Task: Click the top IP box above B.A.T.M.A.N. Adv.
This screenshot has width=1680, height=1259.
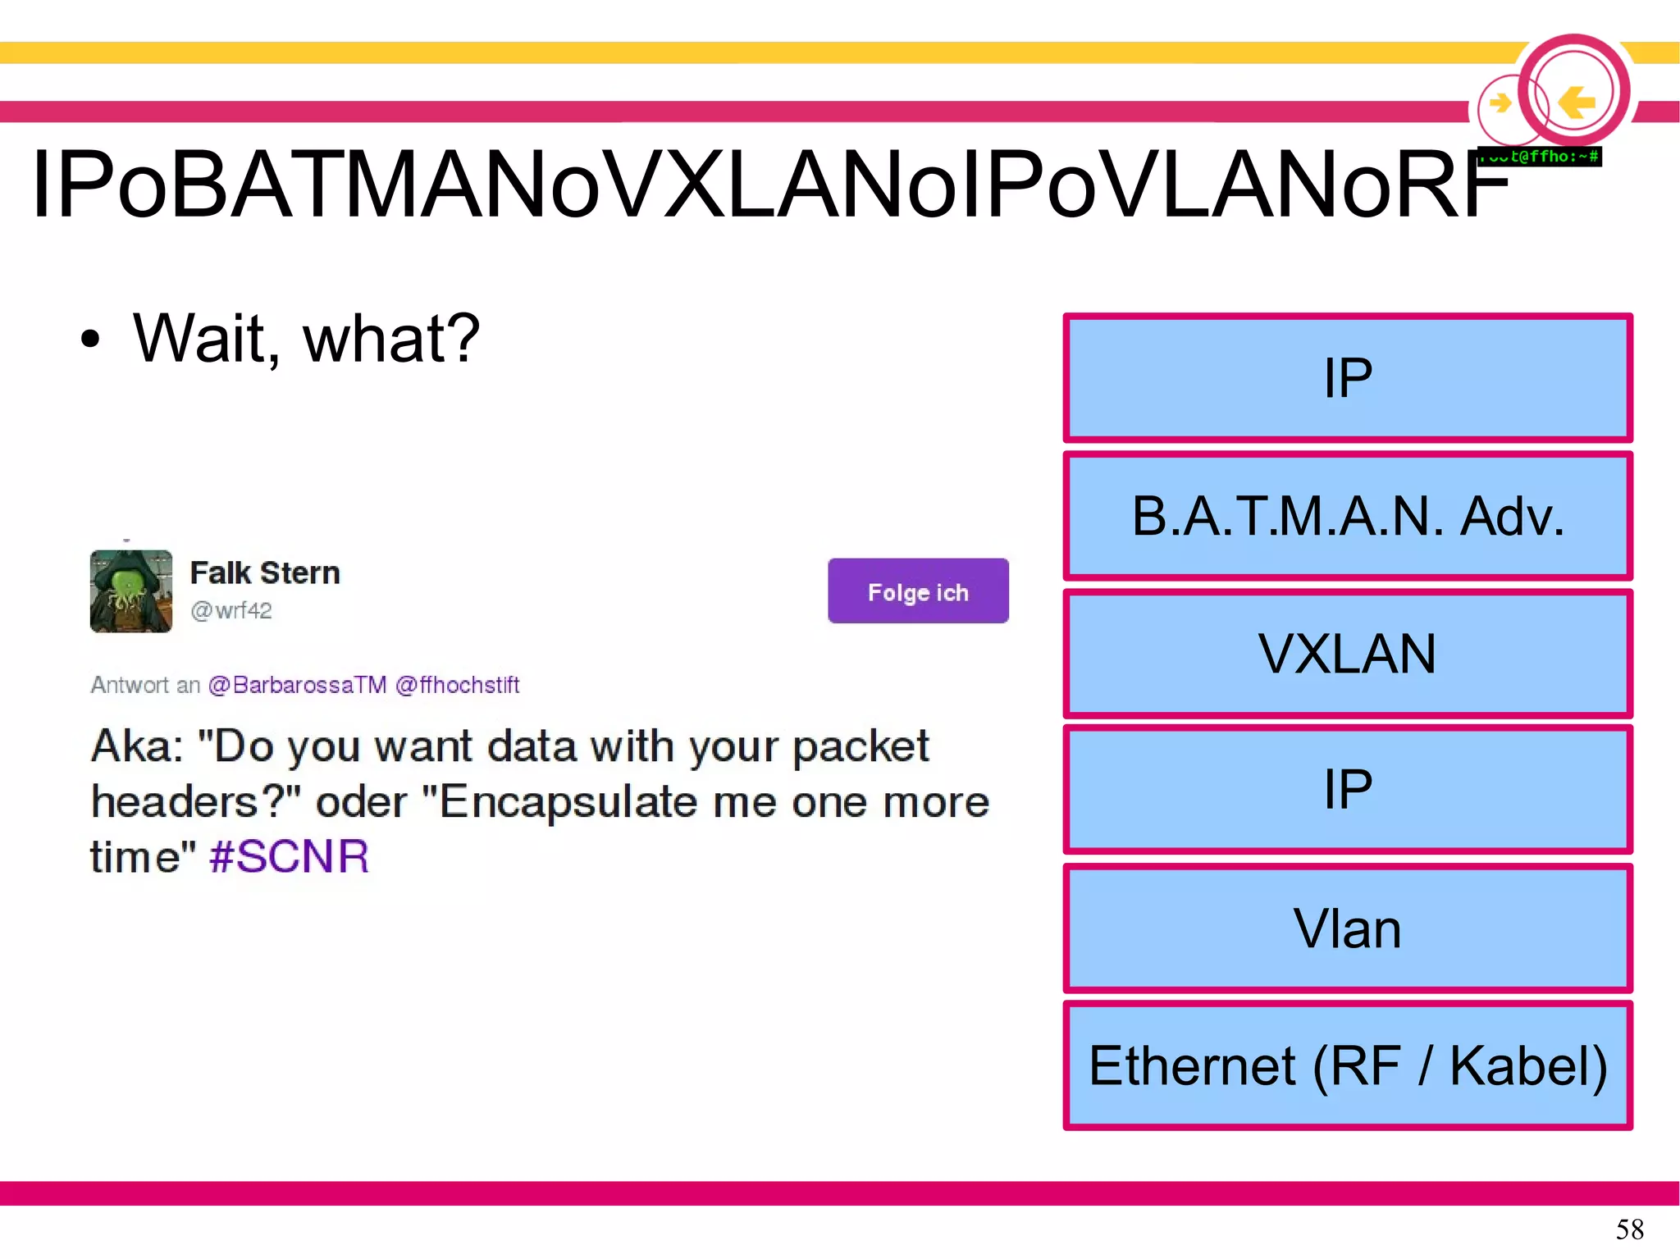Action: pyautogui.click(x=1347, y=378)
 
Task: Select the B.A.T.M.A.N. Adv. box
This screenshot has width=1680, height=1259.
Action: pyautogui.click(x=1347, y=516)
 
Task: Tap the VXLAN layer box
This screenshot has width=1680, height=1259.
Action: pyautogui.click(x=1347, y=654)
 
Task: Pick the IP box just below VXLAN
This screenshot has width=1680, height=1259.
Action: pyautogui.click(x=1347, y=789)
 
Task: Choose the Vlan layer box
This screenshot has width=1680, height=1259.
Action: pyautogui.click(x=1347, y=928)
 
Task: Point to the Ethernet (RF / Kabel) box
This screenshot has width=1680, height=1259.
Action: pyautogui.click(x=1347, y=1065)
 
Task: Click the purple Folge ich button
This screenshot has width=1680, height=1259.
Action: pyautogui.click(x=918, y=591)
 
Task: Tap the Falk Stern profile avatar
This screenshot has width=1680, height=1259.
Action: pyautogui.click(x=131, y=591)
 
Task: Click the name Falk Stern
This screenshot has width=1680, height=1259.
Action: pyautogui.click(x=265, y=572)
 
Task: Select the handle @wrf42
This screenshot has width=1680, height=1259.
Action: pyautogui.click(x=231, y=611)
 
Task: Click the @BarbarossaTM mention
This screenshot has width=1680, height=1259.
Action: pyautogui.click(x=297, y=685)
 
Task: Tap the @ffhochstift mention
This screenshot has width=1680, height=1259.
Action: pyautogui.click(x=457, y=685)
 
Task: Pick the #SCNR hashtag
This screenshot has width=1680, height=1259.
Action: pyautogui.click(x=289, y=856)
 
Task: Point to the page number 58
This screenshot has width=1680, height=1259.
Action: pyautogui.click(x=1629, y=1229)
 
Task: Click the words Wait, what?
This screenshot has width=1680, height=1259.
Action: pyautogui.click(x=306, y=338)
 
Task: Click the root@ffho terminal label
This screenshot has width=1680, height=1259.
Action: pyautogui.click(x=1540, y=156)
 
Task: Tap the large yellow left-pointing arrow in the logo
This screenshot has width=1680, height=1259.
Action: pyautogui.click(x=1576, y=103)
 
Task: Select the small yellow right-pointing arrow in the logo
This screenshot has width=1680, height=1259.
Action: pyautogui.click(x=1500, y=103)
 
